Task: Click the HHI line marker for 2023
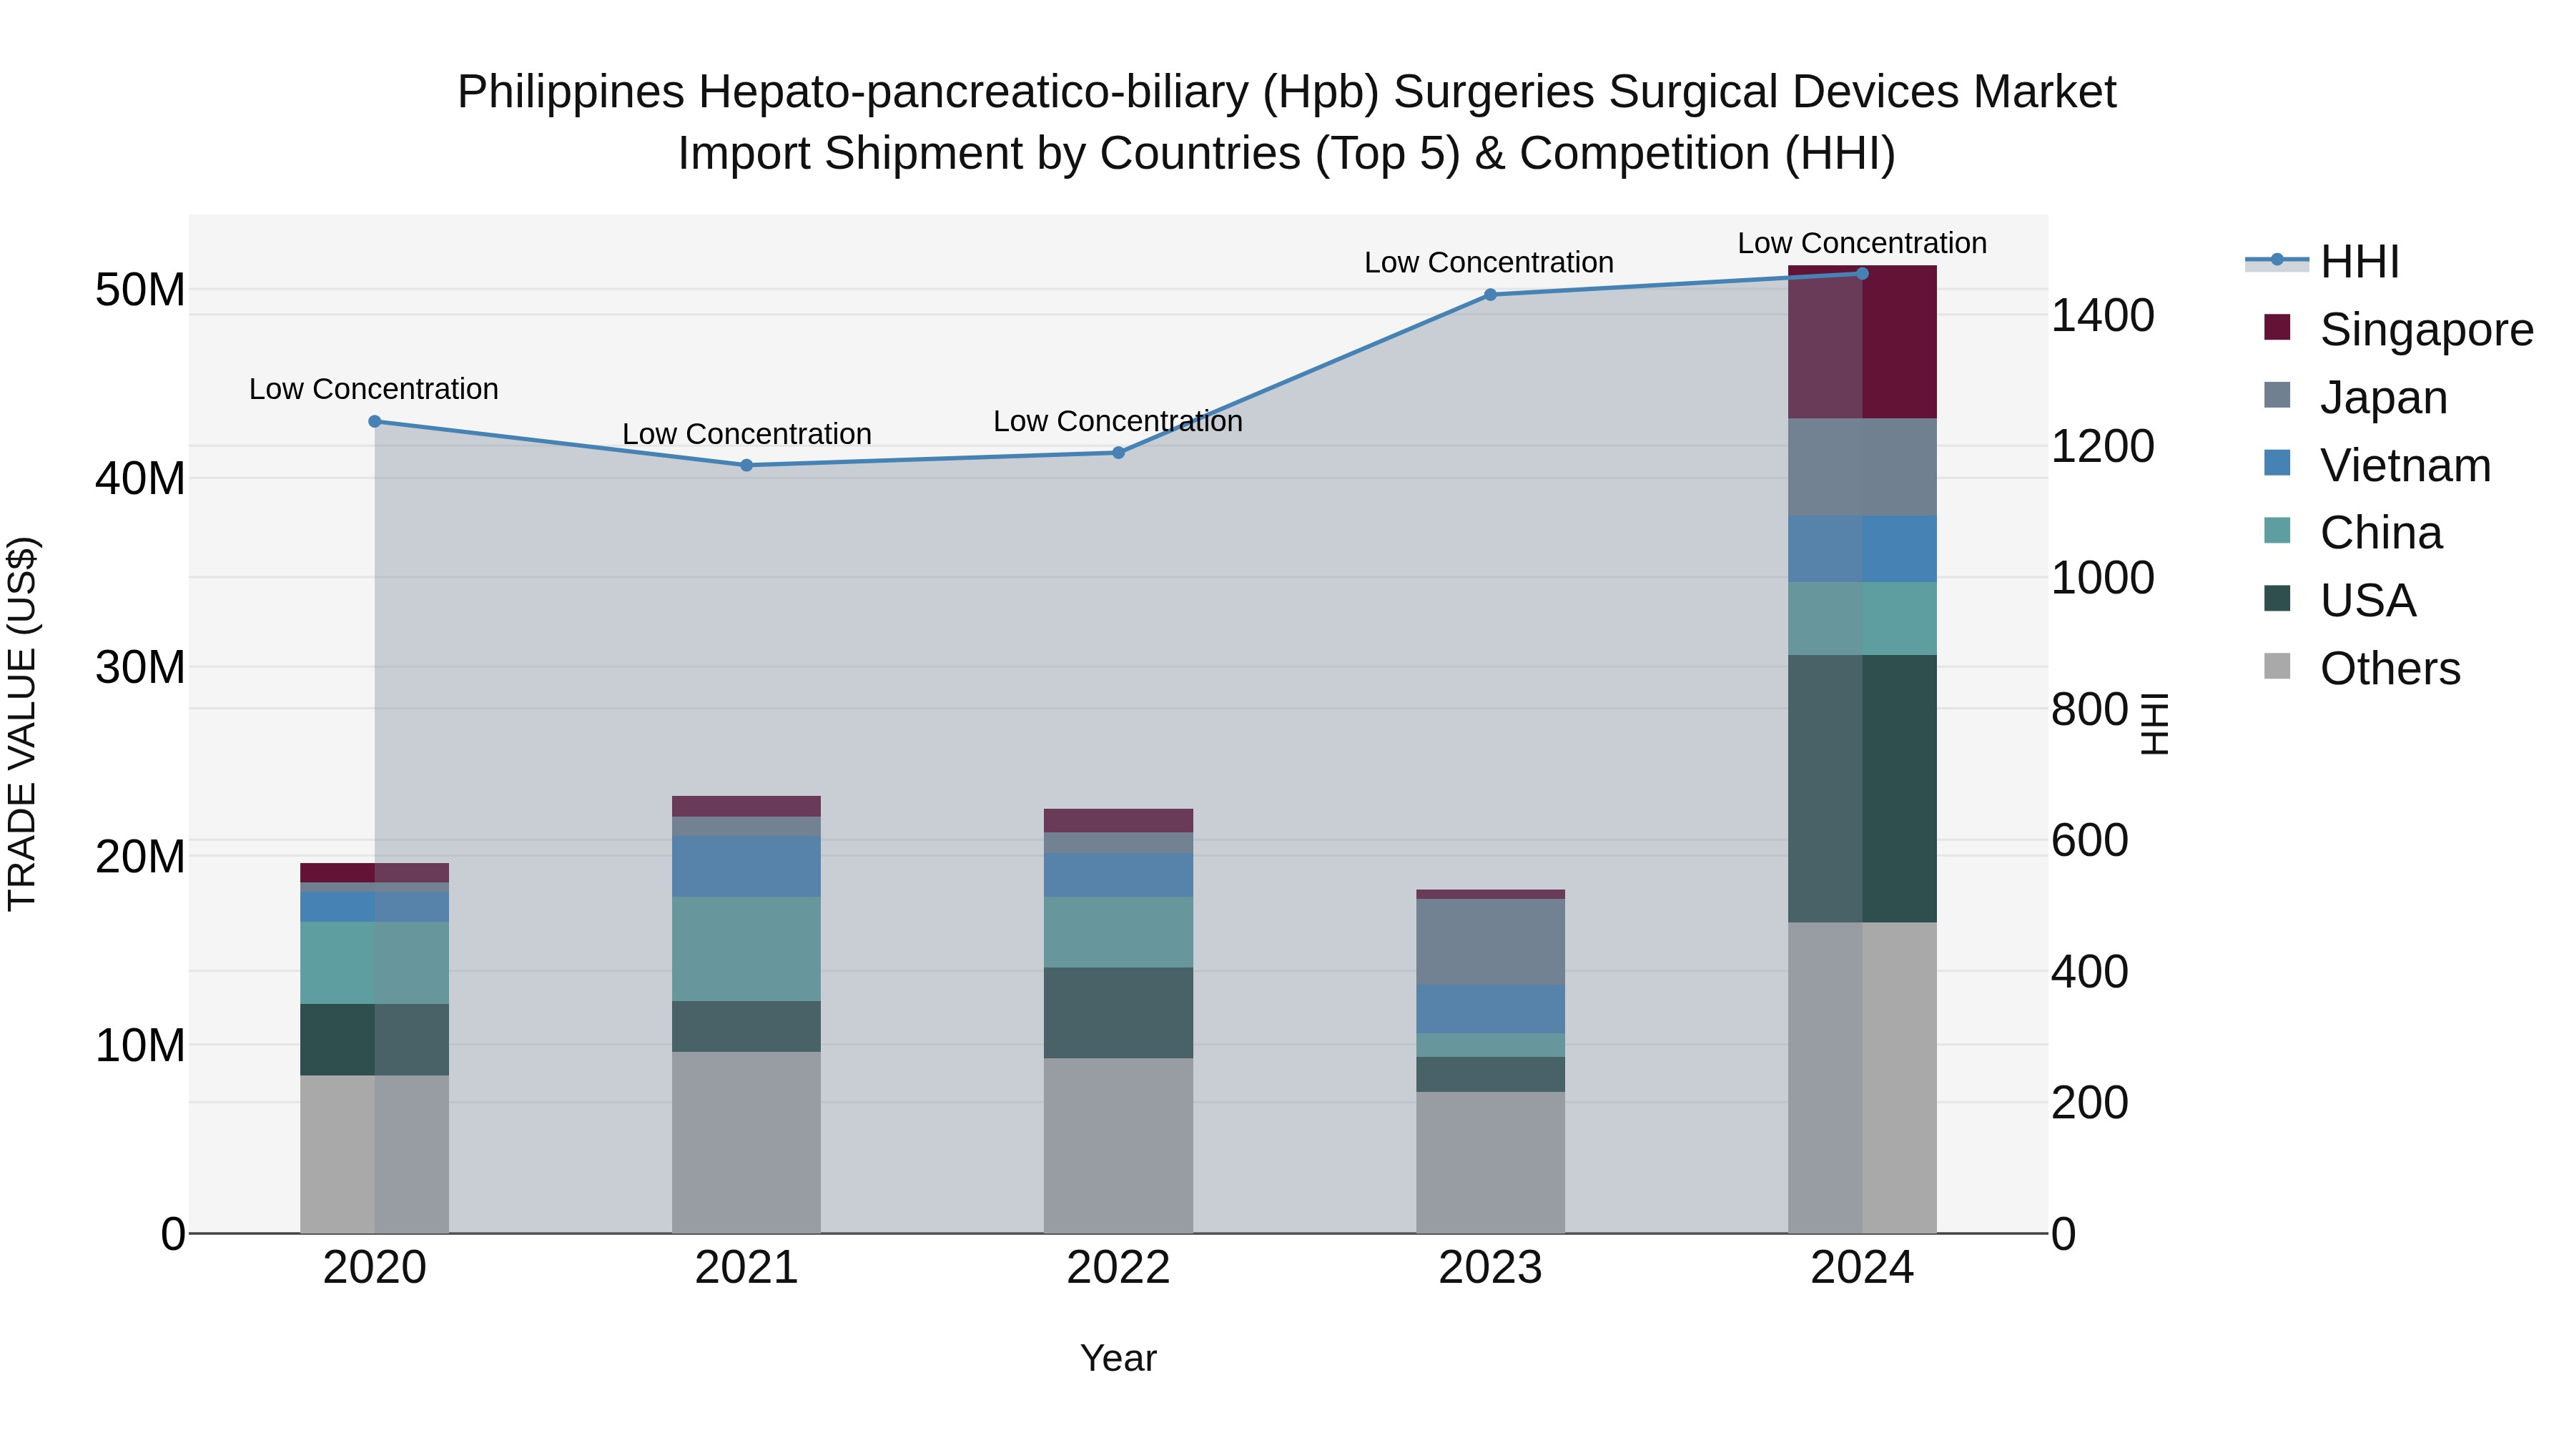(1490, 295)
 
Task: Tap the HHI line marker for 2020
(375, 422)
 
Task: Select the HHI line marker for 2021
(746, 466)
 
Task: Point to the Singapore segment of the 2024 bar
(1862, 343)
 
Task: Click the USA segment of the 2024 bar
(1862, 789)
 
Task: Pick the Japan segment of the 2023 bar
(1490, 942)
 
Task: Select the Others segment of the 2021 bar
(746, 1142)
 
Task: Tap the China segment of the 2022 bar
(1118, 932)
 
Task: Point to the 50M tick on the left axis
(140, 291)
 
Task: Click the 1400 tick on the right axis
(2102, 316)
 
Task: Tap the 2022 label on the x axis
(1118, 1268)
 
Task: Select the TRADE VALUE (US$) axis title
(22, 724)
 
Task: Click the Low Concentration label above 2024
(1862, 244)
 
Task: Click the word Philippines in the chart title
(571, 93)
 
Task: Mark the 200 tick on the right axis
(2089, 1103)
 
